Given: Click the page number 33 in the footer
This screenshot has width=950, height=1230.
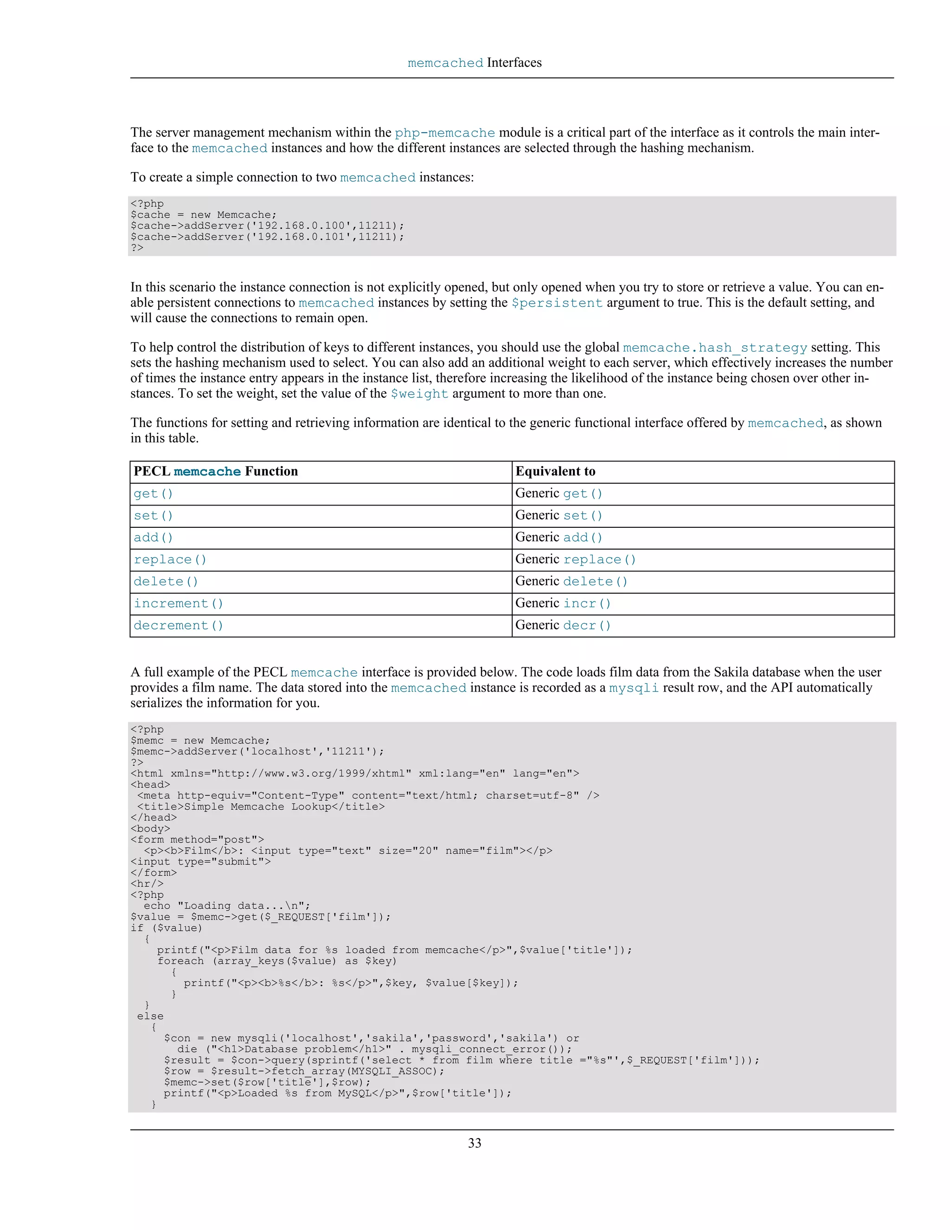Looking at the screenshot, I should [x=475, y=1143].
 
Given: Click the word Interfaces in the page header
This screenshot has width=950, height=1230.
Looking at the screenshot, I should [x=514, y=63].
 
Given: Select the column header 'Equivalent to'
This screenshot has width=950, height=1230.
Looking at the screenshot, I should [x=555, y=472].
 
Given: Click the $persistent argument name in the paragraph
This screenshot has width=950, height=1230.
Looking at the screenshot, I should [x=557, y=303].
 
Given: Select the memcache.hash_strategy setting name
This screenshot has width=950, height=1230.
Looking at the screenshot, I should [x=715, y=348].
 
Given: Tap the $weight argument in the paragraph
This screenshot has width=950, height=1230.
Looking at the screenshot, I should [x=419, y=394].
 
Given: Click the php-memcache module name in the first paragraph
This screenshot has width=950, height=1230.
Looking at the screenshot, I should [x=444, y=133].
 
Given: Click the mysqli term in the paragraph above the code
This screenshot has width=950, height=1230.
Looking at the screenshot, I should [x=633, y=688].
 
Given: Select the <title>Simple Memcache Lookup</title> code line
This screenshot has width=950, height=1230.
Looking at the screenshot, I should [x=261, y=807].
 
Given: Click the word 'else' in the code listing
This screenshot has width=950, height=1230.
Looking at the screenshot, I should [x=150, y=1016].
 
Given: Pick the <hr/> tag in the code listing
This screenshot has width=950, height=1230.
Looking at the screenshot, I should [x=147, y=884].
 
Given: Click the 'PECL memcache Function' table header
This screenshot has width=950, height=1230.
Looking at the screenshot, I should [x=216, y=472].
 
